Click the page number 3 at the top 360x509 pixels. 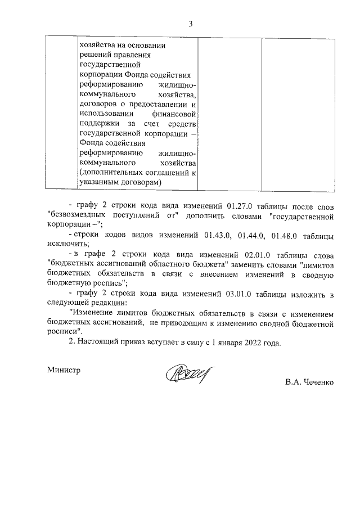pos(191,24)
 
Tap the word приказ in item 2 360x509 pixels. pos(137,342)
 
